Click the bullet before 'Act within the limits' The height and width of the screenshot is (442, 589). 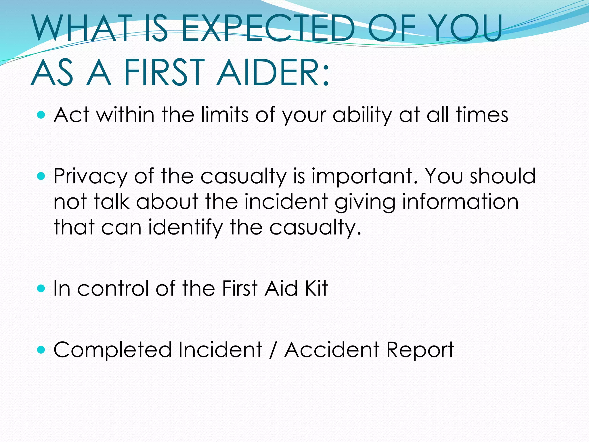(x=41, y=115)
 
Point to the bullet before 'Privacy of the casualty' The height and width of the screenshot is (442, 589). (x=41, y=176)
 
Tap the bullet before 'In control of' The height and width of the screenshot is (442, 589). (x=41, y=288)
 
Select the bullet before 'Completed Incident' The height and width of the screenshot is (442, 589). (x=41, y=350)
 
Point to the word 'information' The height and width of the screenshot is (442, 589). (x=460, y=201)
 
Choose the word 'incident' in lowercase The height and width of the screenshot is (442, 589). (x=286, y=201)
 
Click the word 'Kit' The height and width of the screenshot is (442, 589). (x=316, y=288)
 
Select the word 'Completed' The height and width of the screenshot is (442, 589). (x=112, y=350)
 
